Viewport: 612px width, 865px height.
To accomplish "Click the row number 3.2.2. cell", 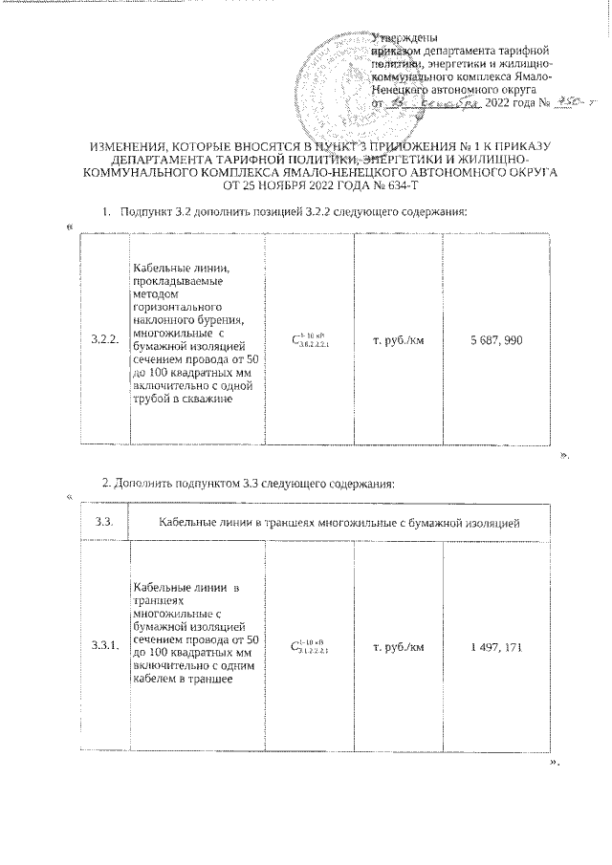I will point(103,339).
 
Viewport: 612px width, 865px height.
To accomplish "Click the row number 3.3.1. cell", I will point(103,647).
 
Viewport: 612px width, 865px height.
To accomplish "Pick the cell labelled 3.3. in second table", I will point(103,522).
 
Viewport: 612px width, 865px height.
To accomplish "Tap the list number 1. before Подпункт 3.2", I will point(104,210).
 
